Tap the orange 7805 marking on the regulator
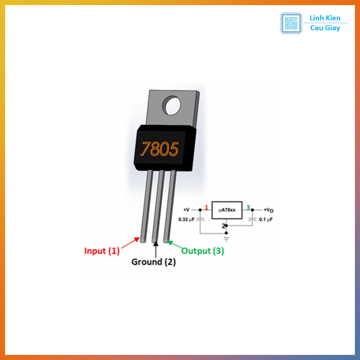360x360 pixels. coord(160,149)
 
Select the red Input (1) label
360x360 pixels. coord(102,251)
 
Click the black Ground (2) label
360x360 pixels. coord(153,262)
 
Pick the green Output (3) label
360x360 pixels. coord(203,251)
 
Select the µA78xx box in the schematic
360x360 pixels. coord(227,210)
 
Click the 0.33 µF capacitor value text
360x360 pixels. coord(186,220)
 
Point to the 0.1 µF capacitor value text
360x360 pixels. coord(266,220)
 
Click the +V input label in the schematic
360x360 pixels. coord(186,210)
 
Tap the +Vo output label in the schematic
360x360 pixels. coord(268,210)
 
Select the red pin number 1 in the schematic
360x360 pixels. coord(206,208)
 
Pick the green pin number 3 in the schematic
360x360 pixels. coord(248,208)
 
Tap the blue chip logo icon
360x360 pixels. coord(291,23)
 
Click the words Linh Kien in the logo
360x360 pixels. coord(325,18)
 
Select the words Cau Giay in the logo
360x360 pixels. coord(325,28)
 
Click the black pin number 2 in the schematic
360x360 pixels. coord(223,226)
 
